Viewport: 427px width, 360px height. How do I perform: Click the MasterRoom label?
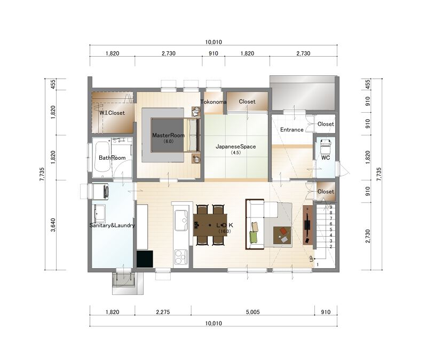tap(168, 135)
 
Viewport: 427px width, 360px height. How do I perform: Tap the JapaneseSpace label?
tap(235, 146)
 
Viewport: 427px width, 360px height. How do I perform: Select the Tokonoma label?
tap(213, 102)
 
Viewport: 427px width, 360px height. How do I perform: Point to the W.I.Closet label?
tap(112, 113)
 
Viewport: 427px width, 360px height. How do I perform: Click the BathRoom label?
tap(112, 158)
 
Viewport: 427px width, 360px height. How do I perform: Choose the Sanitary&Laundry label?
tap(112, 225)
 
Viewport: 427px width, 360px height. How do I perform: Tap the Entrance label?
tap(292, 130)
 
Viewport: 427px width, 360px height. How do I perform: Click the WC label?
tap(326, 158)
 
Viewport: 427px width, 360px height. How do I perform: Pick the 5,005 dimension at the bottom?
tap(252, 312)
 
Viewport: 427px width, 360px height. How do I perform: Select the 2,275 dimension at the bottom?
tap(163, 312)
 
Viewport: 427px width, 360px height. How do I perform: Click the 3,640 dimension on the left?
tap(53, 225)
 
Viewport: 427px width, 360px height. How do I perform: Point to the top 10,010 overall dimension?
tap(213, 42)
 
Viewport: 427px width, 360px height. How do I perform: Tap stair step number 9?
tap(331, 207)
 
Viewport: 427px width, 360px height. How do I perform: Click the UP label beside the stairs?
tap(312, 259)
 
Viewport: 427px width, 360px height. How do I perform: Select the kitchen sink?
tap(181, 220)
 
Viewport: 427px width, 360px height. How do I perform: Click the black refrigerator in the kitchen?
tap(145, 259)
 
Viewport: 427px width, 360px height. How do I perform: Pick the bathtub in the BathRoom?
tap(102, 157)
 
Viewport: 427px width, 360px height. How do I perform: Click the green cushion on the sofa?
tap(254, 236)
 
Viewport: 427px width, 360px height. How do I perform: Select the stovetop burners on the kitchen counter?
tap(181, 257)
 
